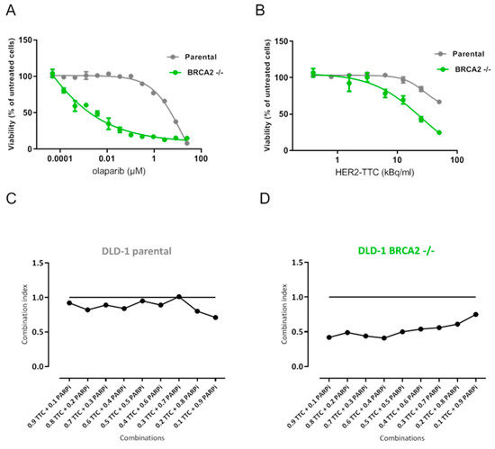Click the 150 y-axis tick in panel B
coord(286,40)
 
